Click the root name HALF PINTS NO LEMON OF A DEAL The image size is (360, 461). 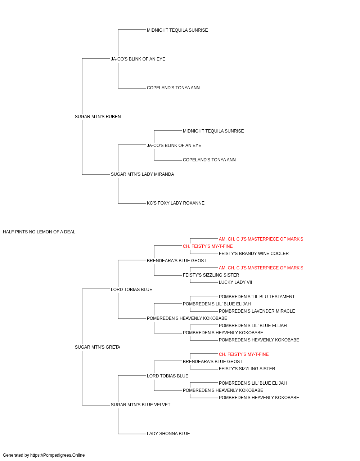[39, 232]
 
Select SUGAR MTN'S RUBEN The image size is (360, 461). [98, 117]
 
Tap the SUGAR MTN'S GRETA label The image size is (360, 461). [98, 347]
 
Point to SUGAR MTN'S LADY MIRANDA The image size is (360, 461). [142, 174]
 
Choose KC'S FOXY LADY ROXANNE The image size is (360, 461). [176, 203]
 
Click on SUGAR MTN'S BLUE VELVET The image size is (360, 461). [140, 405]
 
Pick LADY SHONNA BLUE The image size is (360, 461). [168, 434]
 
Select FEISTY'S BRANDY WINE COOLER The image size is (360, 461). [253, 254]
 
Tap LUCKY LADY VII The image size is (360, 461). [235, 282]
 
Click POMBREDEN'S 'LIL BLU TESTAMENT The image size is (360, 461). [257, 297]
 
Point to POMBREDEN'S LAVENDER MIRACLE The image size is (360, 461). [257, 311]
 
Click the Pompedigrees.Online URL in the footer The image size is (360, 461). [58, 455]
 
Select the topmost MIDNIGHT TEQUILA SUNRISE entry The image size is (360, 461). [177, 30]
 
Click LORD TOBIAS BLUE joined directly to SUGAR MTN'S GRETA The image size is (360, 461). [131, 290]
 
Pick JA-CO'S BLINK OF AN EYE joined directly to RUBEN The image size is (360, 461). [138, 59]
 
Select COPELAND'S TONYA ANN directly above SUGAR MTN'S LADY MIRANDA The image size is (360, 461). [209, 160]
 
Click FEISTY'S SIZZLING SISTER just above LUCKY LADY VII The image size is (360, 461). [211, 275]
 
